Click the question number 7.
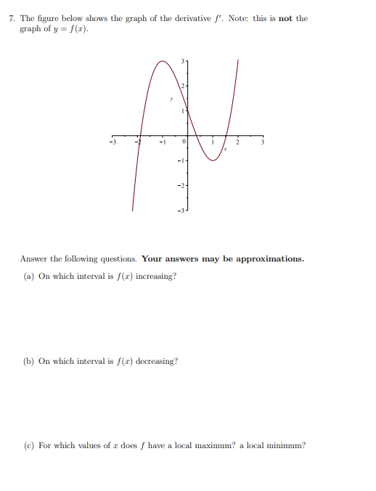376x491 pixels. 12,18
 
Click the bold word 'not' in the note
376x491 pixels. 284,18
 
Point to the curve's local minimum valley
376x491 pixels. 213,161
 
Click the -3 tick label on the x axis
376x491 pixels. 113,143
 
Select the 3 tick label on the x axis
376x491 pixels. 263,143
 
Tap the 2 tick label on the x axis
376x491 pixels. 237,143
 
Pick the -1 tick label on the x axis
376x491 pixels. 163,143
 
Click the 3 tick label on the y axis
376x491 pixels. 184,60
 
